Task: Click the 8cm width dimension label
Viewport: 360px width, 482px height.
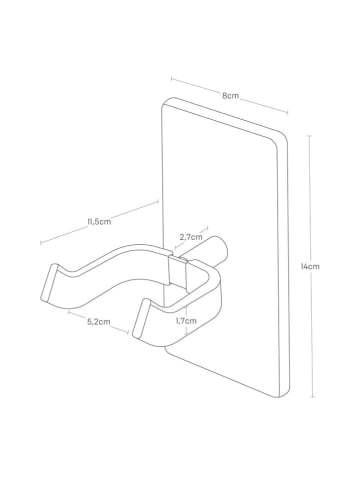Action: [231, 96]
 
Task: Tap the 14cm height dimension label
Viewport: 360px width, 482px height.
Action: [310, 266]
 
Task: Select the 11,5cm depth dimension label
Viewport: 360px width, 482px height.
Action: [99, 222]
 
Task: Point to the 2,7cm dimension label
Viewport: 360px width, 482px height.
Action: [191, 237]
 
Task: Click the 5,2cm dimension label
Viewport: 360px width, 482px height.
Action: [98, 322]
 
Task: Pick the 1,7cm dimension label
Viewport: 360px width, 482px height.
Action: [186, 321]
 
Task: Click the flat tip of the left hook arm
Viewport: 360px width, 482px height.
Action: [48, 283]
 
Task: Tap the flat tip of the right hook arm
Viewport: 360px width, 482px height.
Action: [140, 318]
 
